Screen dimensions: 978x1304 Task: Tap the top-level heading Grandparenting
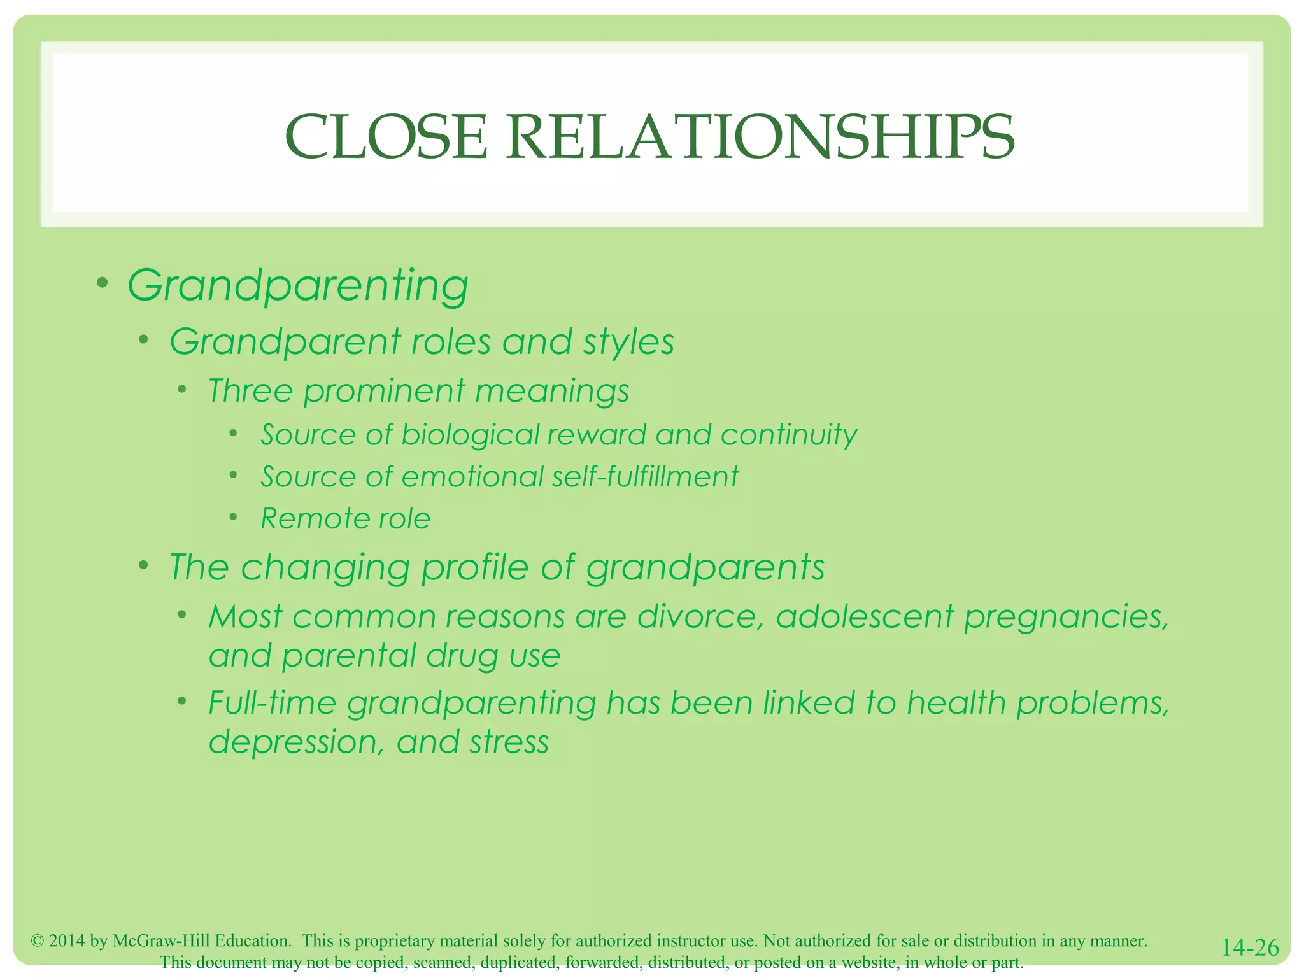(298, 285)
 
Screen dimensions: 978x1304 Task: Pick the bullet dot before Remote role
(234, 516)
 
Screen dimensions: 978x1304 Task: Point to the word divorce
(700, 616)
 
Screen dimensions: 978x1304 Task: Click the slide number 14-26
(1250, 947)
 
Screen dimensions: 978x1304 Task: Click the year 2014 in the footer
(66, 941)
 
